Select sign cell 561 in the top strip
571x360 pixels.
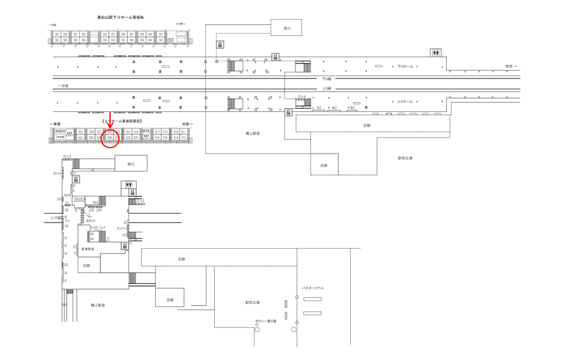pyautogui.click(x=57, y=35)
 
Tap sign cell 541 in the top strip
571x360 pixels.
pyautogui.click(x=161, y=35)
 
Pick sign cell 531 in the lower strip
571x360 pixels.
pyautogui.click(x=80, y=132)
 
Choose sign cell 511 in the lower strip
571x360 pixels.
pyautogui.click(x=184, y=132)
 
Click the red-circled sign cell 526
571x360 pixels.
pyautogui.click(x=110, y=137)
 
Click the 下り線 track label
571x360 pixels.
pyautogui.click(x=327, y=79)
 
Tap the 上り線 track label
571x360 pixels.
pyautogui.click(x=327, y=89)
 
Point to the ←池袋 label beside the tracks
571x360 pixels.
pyautogui.click(x=63, y=86)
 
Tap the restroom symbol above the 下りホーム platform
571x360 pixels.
pyautogui.click(x=437, y=52)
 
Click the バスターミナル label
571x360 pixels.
pyautogui.click(x=313, y=288)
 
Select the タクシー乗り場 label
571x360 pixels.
pyautogui.click(x=266, y=321)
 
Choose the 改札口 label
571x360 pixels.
pyautogui.click(x=90, y=220)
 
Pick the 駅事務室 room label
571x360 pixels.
pyautogui.click(x=88, y=249)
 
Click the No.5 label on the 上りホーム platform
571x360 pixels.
pyautogui.click(x=352, y=108)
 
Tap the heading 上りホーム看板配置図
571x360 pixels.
pyautogui.click(x=122, y=121)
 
